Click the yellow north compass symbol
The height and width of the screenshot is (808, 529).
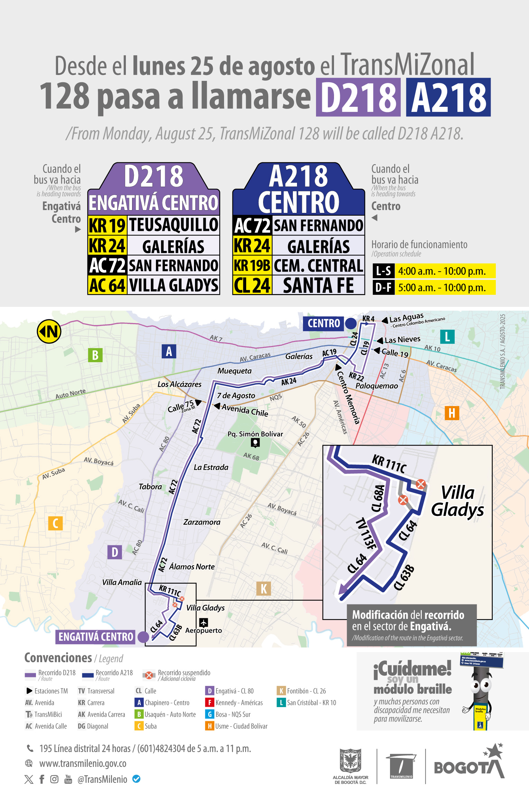click(x=49, y=331)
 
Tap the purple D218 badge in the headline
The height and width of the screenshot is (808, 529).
click(x=358, y=97)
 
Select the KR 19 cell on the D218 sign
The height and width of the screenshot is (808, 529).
click(x=107, y=225)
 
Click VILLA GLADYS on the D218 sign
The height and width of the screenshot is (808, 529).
click(x=174, y=285)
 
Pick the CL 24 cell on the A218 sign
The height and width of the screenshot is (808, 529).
click(x=252, y=285)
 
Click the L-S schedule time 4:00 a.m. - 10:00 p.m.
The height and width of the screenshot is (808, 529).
click(x=442, y=271)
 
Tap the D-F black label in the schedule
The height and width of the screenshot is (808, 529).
click(x=383, y=288)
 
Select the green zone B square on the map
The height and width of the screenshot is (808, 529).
click(x=95, y=355)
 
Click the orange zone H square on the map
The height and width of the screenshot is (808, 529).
click(x=452, y=413)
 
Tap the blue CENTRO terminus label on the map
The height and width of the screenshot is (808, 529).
click(x=324, y=323)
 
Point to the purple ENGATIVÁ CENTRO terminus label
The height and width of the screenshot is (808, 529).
click(x=96, y=637)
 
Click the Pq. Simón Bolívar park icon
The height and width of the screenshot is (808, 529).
click(x=255, y=442)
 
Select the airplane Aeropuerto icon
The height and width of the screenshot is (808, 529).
click(x=204, y=622)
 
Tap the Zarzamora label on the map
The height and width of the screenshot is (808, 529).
click(x=202, y=522)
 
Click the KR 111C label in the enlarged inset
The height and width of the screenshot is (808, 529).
click(x=389, y=464)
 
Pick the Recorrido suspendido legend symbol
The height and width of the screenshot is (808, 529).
click(x=149, y=675)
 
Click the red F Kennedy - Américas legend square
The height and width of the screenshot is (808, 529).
click(x=209, y=703)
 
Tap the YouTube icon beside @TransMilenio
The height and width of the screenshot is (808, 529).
click(x=68, y=779)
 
